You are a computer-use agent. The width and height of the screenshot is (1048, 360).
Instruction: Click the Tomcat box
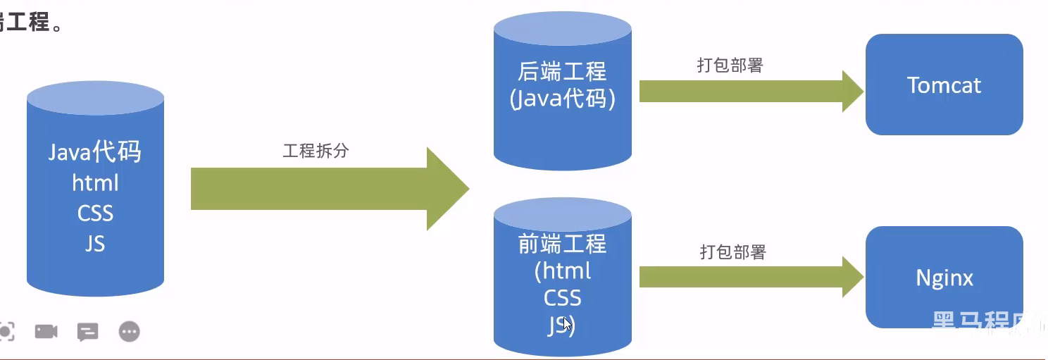tap(944, 85)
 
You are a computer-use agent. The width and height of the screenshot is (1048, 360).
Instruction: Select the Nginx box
tap(944, 277)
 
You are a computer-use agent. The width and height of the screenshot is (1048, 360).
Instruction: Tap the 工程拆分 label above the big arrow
tap(316, 151)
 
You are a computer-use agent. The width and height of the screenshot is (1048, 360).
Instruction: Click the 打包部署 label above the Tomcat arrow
tap(730, 66)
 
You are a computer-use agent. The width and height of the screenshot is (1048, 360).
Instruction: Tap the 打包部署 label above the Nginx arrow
tap(732, 252)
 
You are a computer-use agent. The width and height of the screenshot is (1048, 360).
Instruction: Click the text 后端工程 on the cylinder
tap(562, 72)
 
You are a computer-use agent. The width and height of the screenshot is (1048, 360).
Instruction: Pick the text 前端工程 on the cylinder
tap(562, 244)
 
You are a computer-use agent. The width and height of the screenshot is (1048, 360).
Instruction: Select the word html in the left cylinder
tap(95, 182)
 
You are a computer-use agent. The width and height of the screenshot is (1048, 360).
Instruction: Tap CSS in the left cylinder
tap(95, 213)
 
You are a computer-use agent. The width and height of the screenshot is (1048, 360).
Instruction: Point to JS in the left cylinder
tap(95, 243)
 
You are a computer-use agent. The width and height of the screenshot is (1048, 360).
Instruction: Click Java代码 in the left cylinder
tap(95, 152)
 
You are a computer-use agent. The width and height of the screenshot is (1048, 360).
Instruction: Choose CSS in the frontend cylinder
tap(562, 298)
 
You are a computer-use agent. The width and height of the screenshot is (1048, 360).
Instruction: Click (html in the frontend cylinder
tap(562, 271)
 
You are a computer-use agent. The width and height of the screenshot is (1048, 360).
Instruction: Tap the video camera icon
tap(46, 331)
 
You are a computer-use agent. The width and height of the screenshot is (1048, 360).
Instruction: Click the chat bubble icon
tap(87, 332)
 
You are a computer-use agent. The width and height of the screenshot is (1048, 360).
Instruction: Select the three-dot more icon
tap(130, 331)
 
